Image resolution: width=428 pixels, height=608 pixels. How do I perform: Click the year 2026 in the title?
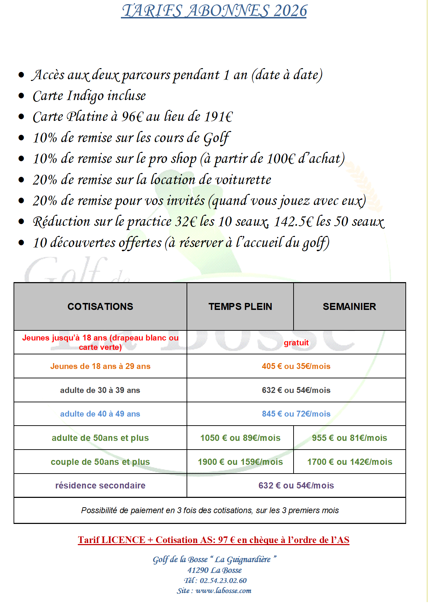tap(290, 11)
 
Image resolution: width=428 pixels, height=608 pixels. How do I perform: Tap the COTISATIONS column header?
tap(100, 306)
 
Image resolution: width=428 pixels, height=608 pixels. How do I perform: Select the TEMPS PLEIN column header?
tap(240, 306)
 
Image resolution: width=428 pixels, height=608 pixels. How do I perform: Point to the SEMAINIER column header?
tap(349, 306)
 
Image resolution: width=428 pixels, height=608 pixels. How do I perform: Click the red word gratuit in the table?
tap(296, 343)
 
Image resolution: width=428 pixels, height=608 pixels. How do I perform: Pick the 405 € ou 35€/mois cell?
tap(296, 366)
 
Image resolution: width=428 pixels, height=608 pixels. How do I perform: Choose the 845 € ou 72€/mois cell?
tap(296, 414)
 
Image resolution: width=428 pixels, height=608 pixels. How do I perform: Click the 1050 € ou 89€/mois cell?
tap(240, 438)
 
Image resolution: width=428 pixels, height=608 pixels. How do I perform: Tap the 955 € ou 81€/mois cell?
tap(349, 438)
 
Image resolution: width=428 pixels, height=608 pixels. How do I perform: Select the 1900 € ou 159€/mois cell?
tap(240, 462)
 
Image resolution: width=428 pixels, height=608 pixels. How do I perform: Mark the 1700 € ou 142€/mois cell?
tap(349, 462)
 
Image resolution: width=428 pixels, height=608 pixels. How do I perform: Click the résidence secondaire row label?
tap(100, 485)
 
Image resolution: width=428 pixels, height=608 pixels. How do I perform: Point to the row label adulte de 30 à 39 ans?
tap(100, 390)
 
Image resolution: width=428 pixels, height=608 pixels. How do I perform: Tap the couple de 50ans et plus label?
tap(100, 462)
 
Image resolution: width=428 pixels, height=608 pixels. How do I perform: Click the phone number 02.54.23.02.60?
tap(223, 581)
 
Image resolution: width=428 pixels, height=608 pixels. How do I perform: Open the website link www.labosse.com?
tap(223, 591)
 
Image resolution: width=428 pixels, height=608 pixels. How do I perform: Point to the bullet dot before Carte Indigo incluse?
tap(22, 96)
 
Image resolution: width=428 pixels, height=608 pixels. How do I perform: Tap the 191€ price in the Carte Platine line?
tap(219, 117)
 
